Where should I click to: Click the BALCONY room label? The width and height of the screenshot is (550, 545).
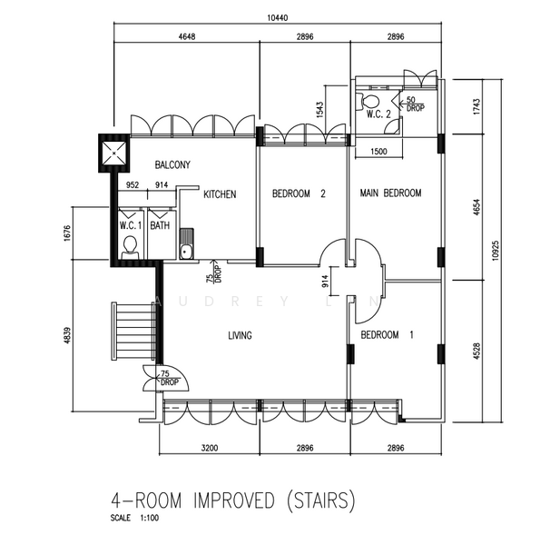coord(172,164)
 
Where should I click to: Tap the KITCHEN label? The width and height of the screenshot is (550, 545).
coord(220,194)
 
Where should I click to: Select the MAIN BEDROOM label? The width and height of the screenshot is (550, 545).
coord(390,193)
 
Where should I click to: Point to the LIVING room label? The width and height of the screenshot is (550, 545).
coord(240,336)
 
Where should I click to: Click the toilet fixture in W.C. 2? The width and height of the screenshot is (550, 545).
coord(368,101)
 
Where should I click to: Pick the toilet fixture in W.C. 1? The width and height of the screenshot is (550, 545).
coord(130,247)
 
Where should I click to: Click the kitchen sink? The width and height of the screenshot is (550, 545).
coord(186,243)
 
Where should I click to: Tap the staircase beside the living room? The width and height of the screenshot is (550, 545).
coord(133,331)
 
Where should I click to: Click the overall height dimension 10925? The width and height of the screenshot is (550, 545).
coord(495,250)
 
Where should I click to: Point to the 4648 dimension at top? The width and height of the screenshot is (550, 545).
coord(187,36)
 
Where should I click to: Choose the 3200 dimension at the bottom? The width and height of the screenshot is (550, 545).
coord(210,448)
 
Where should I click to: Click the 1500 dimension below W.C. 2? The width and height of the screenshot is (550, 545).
coord(378,152)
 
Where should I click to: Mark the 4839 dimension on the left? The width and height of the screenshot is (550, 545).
coord(67,335)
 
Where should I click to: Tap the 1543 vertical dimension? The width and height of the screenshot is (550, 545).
coord(319,110)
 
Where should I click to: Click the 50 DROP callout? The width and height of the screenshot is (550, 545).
coord(415,104)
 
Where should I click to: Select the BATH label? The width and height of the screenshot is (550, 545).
coord(160,225)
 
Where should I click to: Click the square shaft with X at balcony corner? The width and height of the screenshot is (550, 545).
coord(114,154)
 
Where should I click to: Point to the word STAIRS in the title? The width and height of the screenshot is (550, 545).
coord(321,500)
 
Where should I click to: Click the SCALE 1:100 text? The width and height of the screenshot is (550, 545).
coord(134,518)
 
